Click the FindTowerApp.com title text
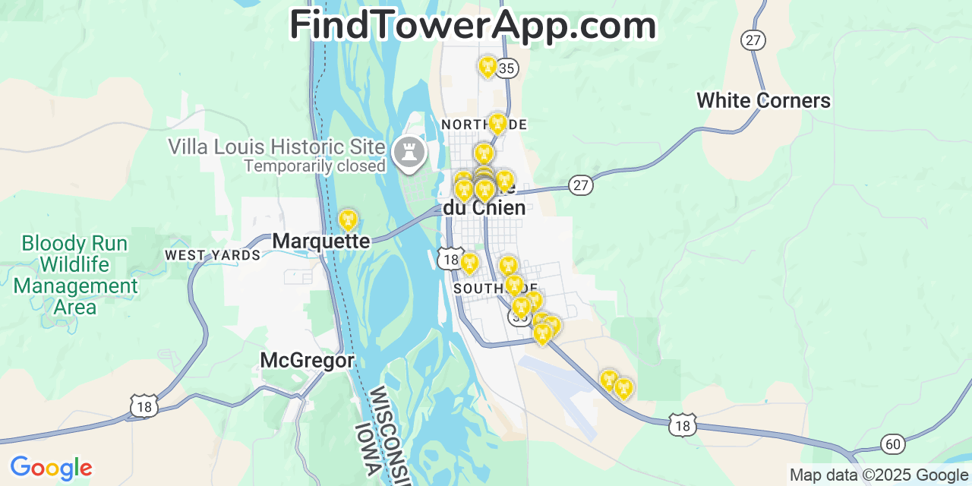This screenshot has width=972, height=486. tap(472, 25)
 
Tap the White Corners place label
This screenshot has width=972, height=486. tap(763, 100)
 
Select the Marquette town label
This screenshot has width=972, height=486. tap(320, 241)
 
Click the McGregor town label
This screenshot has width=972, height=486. tap(307, 360)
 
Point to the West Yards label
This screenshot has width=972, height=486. tap(213, 255)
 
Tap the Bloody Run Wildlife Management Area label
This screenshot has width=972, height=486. tap(76, 275)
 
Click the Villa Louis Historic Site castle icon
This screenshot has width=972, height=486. tap(409, 152)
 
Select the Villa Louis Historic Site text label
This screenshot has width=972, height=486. tap(277, 146)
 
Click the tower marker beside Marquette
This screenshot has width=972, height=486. tap(348, 220)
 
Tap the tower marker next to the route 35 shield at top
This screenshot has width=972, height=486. tap(488, 67)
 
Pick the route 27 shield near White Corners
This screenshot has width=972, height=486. tap(753, 40)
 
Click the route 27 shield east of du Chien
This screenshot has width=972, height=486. tap(581, 185)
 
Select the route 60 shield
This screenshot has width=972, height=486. tap(893, 444)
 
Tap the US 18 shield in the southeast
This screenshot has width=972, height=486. tap(682, 425)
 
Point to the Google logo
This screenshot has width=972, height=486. tap(51, 468)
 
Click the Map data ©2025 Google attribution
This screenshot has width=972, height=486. tap(879, 475)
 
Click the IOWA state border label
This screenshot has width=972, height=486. tap(367, 450)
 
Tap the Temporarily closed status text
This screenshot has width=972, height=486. tap(314, 165)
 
